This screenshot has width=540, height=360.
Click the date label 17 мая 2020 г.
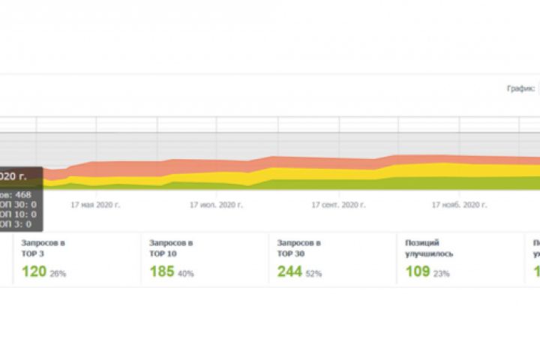click(95, 204)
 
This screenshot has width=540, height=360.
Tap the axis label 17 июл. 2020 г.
click(216, 204)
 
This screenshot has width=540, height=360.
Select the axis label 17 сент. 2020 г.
click(340, 204)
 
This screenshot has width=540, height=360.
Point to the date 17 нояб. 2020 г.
click(460, 204)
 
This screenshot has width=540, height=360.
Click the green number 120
click(34, 271)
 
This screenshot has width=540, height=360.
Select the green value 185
click(162, 271)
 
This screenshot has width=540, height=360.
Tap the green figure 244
click(289, 271)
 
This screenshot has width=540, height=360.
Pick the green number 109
click(417, 271)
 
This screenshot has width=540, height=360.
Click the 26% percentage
click(58, 274)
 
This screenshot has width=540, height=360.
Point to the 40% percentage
click(185, 274)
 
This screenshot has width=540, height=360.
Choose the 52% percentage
click(313, 274)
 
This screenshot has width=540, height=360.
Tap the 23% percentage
click(441, 274)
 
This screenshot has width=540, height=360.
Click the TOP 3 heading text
click(33, 253)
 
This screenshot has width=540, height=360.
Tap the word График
click(520, 88)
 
